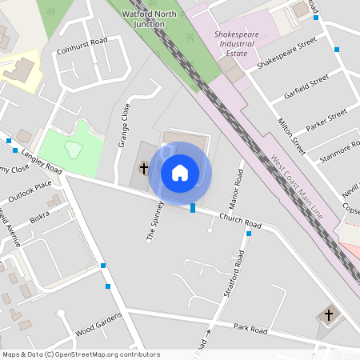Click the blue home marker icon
coord(180,173)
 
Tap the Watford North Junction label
coord(149,19)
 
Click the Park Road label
coord(250,328)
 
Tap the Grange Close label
coord(124,126)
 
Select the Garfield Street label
coord(306,87)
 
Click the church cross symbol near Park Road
coord(329,315)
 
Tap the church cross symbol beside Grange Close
coord(144,168)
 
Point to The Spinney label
coord(151,222)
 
